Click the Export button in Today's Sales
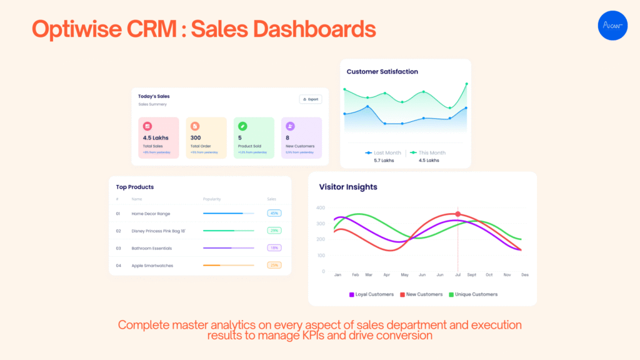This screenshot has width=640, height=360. click(x=311, y=99)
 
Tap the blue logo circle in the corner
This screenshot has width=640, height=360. click(x=612, y=26)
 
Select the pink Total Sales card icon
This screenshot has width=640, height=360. click(x=147, y=126)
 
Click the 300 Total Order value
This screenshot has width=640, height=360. click(x=196, y=137)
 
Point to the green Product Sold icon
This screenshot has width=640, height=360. click(x=242, y=126)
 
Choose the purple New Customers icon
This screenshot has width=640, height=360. click(x=290, y=126)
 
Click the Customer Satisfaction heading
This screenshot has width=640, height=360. click(x=382, y=71)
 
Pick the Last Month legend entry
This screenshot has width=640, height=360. click(x=383, y=152)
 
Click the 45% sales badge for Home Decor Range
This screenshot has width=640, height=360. click(x=274, y=213)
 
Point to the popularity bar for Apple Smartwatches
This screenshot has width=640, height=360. click(x=228, y=265)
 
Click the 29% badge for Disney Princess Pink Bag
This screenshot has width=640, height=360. click(x=274, y=231)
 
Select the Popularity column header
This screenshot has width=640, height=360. click(x=212, y=199)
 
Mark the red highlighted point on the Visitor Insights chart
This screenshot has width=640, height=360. click(x=457, y=214)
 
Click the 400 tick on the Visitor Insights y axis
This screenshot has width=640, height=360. click(x=320, y=207)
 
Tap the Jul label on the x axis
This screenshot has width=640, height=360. click(x=457, y=274)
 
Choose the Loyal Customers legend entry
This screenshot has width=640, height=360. click(x=371, y=294)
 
